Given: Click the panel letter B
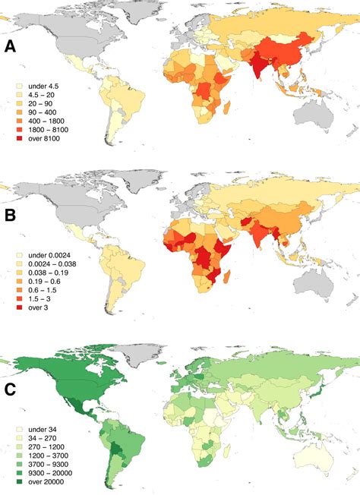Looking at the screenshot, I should (11, 215).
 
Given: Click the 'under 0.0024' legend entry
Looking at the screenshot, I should (49, 255).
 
